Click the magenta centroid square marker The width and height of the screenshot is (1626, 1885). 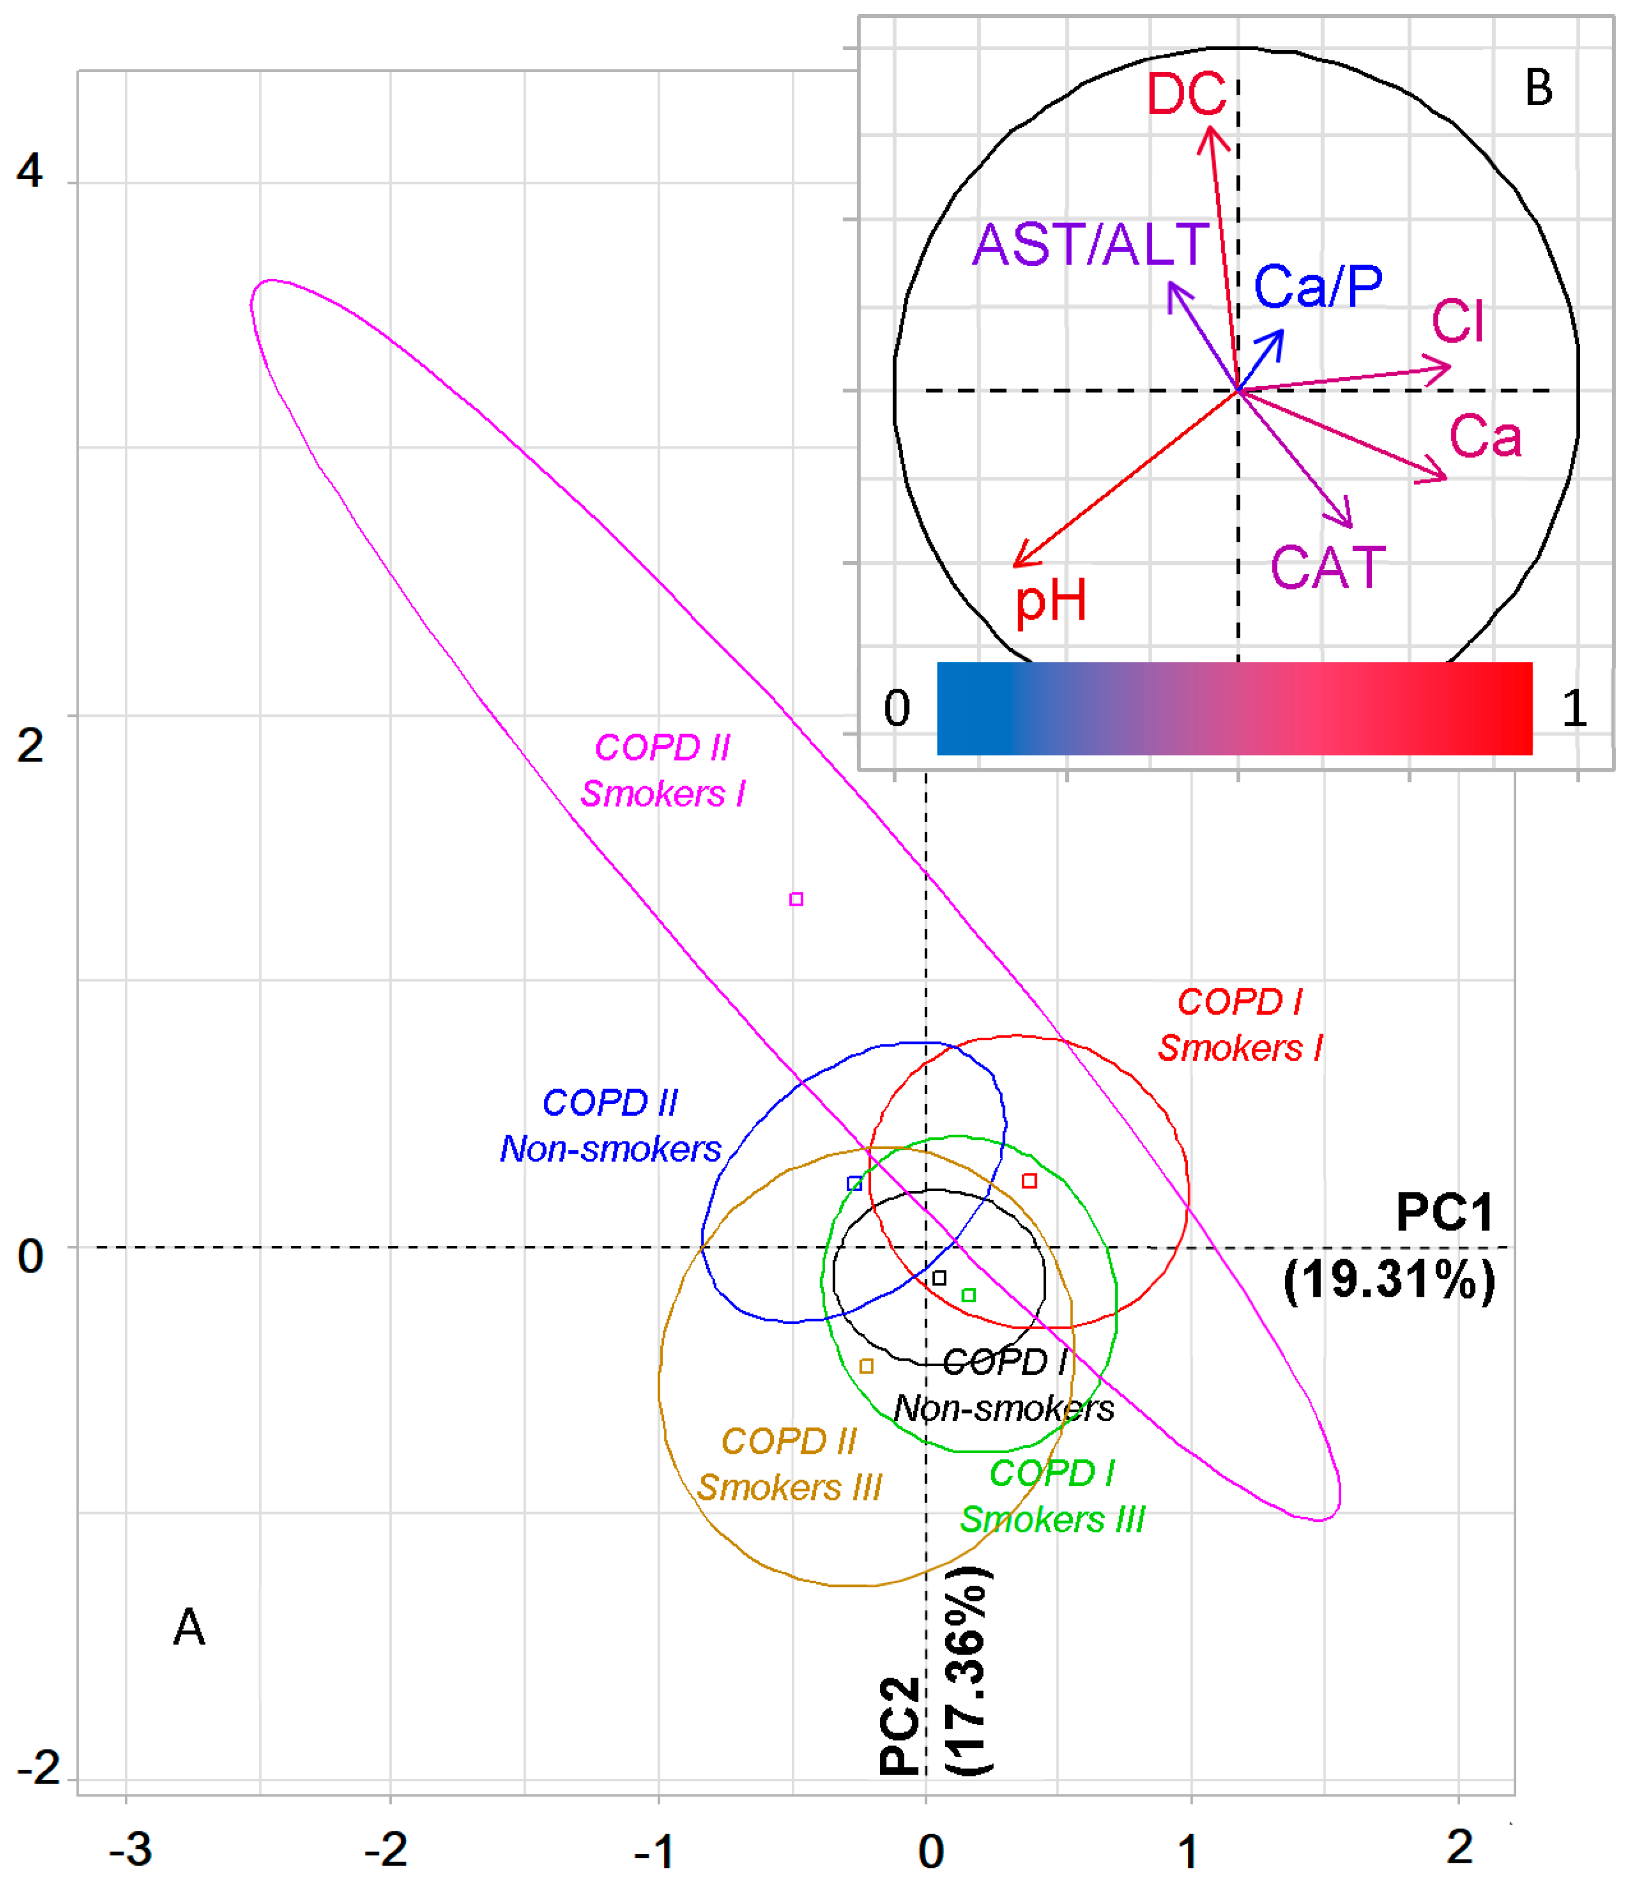click(x=796, y=899)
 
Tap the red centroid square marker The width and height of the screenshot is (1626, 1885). click(x=1029, y=1181)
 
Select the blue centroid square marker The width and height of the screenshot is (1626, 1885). click(x=855, y=1184)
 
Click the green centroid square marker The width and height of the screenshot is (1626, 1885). click(x=969, y=1294)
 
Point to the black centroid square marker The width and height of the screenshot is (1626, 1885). click(x=939, y=1278)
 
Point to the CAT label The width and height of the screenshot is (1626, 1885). click(x=1328, y=568)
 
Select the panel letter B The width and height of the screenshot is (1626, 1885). click(x=1538, y=88)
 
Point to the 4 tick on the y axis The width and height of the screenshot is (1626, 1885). click(x=30, y=171)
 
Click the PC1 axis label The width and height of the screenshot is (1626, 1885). click(x=1444, y=1213)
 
